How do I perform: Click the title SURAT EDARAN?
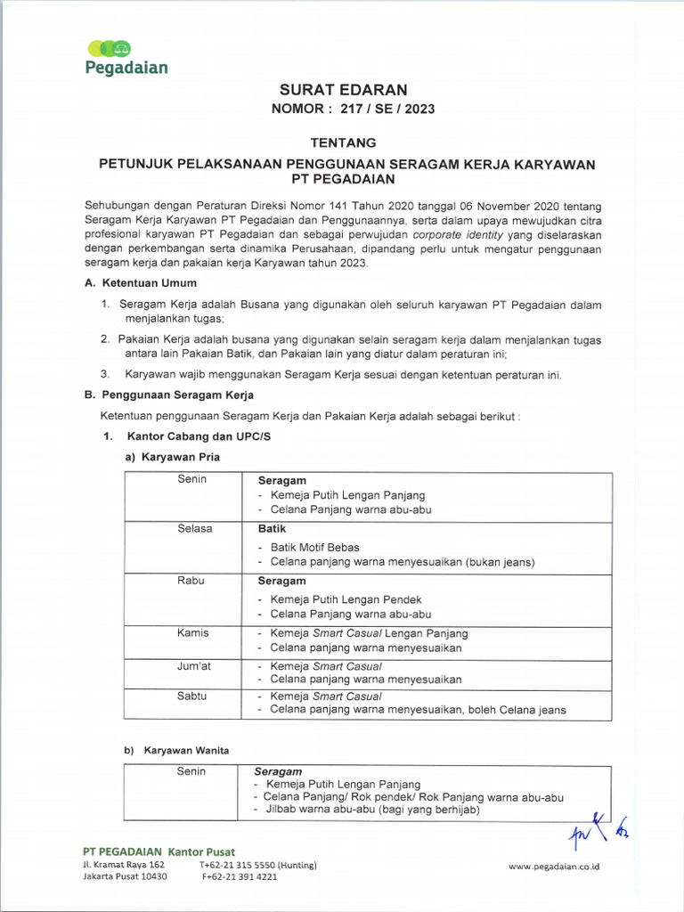pos(343,90)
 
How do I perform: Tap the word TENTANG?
pos(343,142)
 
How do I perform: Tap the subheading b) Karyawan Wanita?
pos(176,750)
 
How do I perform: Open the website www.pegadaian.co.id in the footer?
pos(554,866)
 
